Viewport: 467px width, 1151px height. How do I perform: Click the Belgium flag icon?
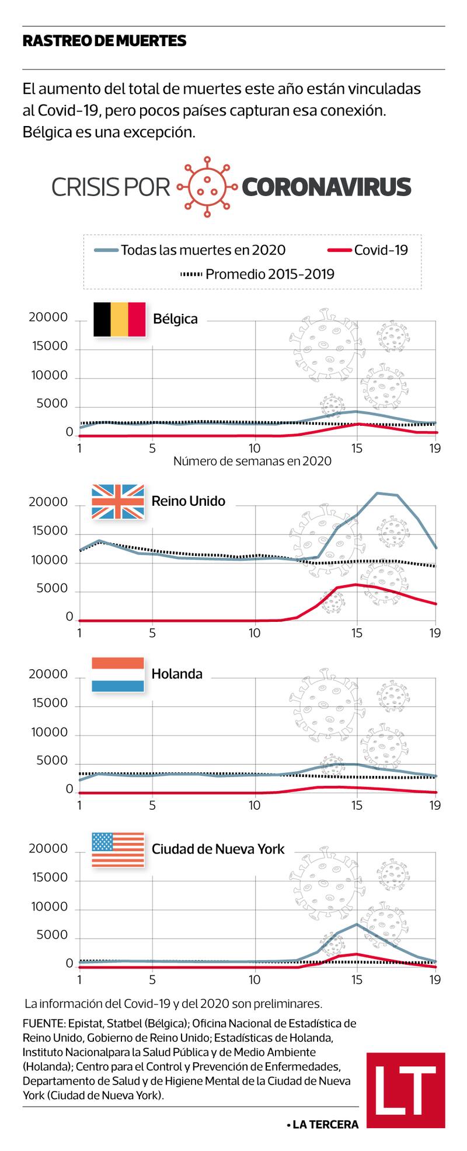tap(119, 319)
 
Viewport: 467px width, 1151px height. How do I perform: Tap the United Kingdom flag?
tap(118, 501)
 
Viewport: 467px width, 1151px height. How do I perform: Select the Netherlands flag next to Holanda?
tap(118, 674)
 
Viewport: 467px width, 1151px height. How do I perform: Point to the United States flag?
tap(118, 849)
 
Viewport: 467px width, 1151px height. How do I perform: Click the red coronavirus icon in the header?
tap(207, 187)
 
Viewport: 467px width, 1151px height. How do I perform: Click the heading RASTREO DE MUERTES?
tap(104, 41)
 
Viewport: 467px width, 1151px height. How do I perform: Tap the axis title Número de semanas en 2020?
tap(252, 461)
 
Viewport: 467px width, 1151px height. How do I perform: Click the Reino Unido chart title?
tap(188, 501)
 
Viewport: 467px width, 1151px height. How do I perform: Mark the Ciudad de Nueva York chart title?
tap(218, 849)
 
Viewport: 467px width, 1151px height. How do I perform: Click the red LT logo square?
tap(406, 1090)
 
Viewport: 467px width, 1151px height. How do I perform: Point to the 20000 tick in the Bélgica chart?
tap(48, 318)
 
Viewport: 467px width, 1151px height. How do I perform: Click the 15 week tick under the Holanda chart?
tap(357, 806)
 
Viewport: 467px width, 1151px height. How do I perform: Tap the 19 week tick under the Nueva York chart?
tap(434, 979)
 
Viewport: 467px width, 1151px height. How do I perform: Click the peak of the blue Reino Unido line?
tap(378, 493)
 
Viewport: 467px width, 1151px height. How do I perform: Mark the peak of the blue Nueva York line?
tap(357, 924)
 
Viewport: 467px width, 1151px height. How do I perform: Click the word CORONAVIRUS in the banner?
tap(326, 187)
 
